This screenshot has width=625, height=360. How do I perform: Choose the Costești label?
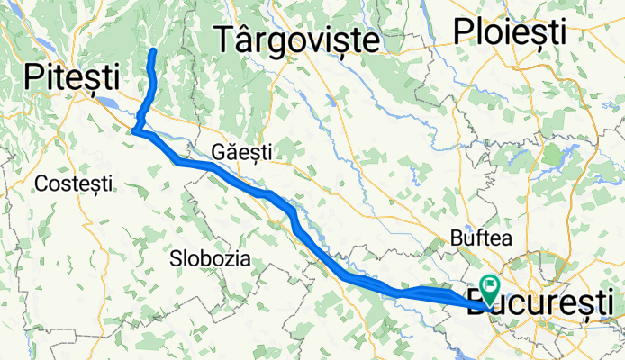coord(74,184)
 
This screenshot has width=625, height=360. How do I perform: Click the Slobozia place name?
coord(210,258)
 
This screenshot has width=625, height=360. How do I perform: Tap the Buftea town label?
coord(480,239)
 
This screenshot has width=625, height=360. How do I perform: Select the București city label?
coord(546,300)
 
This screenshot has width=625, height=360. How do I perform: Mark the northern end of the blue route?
coord(153,50)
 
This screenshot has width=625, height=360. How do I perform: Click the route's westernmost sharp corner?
coord(134,131)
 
